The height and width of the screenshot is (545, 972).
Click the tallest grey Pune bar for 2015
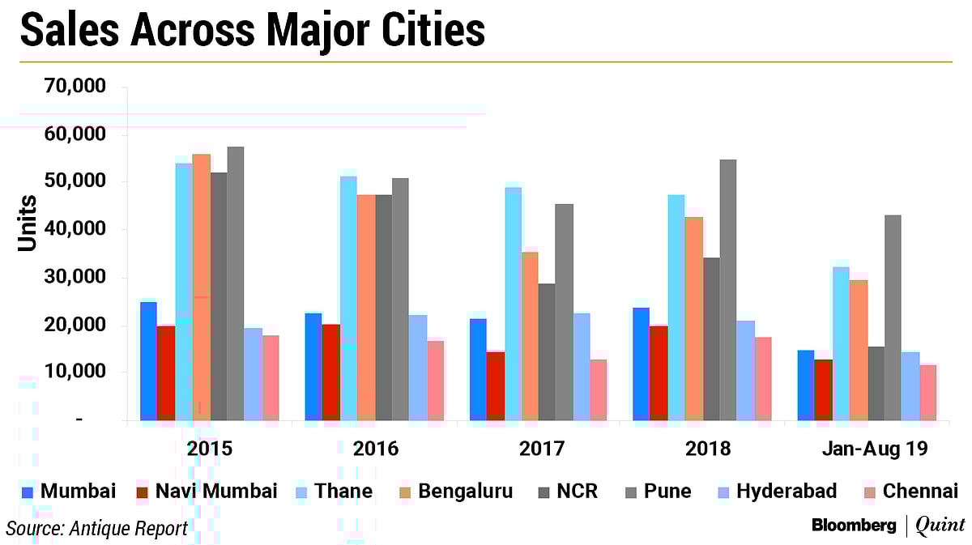click(236, 283)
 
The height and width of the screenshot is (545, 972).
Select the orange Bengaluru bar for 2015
click(202, 287)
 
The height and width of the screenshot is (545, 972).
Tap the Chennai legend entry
click(920, 492)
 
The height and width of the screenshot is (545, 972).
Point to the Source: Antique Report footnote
click(96, 528)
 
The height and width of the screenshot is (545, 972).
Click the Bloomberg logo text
click(854, 526)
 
